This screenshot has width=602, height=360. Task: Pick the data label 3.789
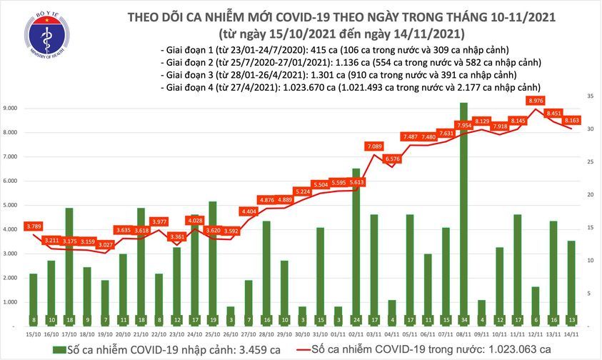click(34, 226)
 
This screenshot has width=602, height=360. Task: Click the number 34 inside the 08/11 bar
click(463, 320)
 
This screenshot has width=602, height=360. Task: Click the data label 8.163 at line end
click(571, 121)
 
